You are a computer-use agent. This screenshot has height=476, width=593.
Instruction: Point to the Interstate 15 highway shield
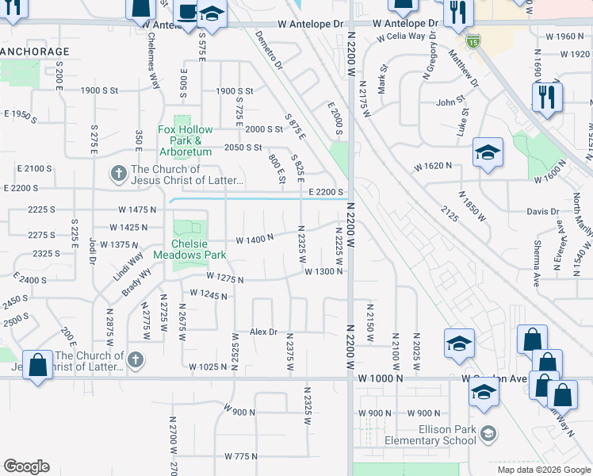pyautogui.click(x=473, y=40)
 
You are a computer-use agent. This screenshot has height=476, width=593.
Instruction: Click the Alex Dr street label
pyautogui.click(x=264, y=332)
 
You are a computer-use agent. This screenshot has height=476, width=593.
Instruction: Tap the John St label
pyautogui.click(x=449, y=102)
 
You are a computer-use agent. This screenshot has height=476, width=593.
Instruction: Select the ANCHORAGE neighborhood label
pyautogui.click(x=35, y=52)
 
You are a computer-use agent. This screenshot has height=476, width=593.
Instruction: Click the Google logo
pyautogui.click(x=26, y=466)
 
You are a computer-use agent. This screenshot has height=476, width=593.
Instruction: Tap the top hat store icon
pyautogui.click(x=186, y=13)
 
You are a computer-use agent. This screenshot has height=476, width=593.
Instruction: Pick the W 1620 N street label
pyautogui.click(x=433, y=166)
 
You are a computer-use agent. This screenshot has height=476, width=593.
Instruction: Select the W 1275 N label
pyautogui.click(x=224, y=278)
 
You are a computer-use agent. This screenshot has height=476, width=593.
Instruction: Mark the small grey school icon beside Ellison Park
pyautogui.click(x=490, y=433)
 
